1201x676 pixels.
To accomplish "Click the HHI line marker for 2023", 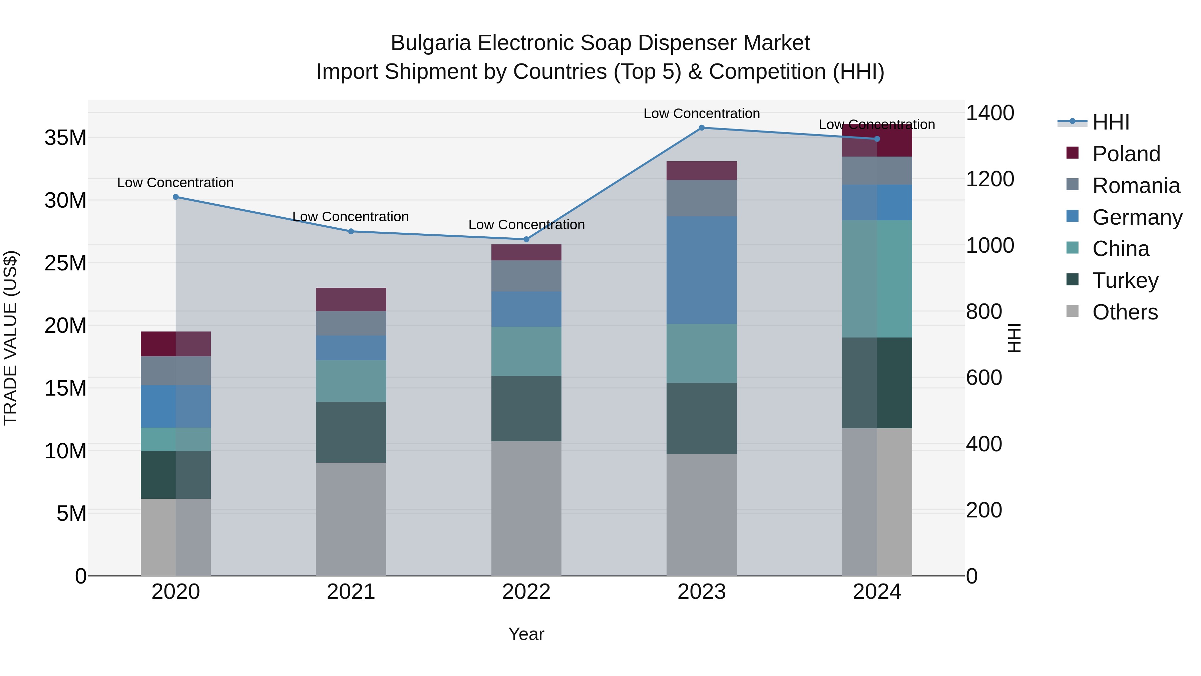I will pyautogui.click(x=701, y=128).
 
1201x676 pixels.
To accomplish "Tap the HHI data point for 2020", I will pyautogui.click(x=176, y=197).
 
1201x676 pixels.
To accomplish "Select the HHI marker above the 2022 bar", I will pyautogui.click(x=526, y=239).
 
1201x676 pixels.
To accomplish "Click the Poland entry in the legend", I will pyautogui.click(x=1126, y=154).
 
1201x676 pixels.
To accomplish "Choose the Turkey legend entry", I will pyautogui.click(x=1125, y=280).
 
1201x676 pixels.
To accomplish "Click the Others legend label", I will pyautogui.click(x=1125, y=312).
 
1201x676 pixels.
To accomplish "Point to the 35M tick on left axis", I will pyautogui.click(x=65, y=138).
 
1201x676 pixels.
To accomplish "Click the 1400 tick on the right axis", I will pyautogui.click(x=990, y=113).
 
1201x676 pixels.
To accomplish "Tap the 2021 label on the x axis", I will pyautogui.click(x=351, y=592).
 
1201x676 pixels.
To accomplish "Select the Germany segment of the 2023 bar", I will pyautogui.click(x=701, y=270).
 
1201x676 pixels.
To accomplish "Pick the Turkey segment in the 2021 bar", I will pyautogui.click(x=351, y=432).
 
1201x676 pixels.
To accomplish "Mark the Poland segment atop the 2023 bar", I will pyautogui.click(x=701, y=170).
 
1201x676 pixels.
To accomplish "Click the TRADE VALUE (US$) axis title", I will pyautogui.click(x=10, y=338).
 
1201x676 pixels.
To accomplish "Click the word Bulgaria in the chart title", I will pyautogui.click(x=430, y=43).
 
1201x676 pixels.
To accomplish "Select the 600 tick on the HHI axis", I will pyautogui.click(x=984, y=378).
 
